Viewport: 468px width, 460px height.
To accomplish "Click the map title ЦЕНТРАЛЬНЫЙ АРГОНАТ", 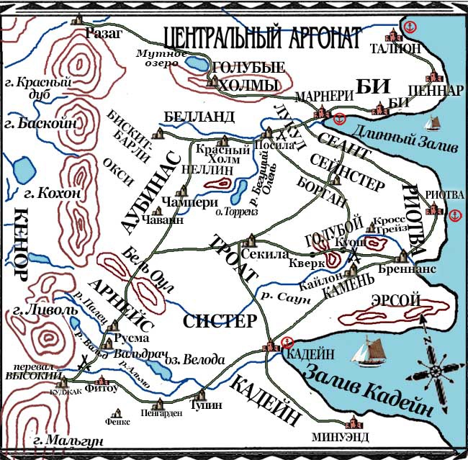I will tap(261, 36).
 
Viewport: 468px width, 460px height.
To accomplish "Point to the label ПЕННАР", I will tap(434, 91).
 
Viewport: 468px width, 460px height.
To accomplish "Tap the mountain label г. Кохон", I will tap(34, 195).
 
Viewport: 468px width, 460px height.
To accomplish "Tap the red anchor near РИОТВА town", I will tap(453, 215).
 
